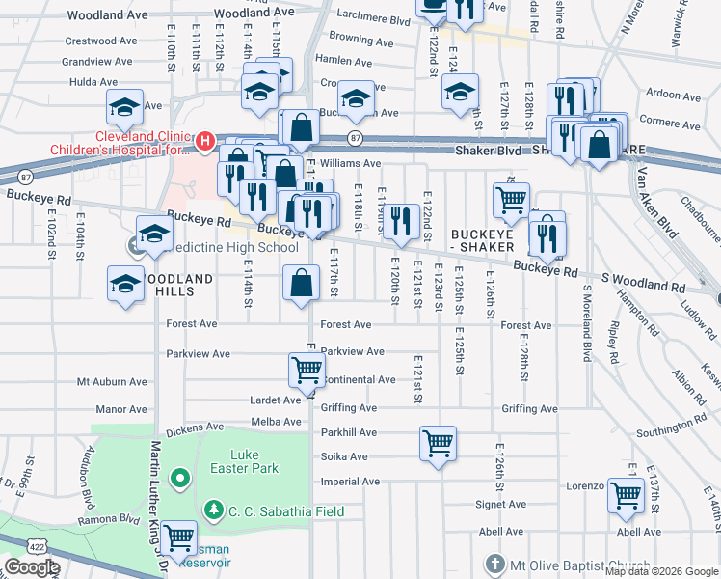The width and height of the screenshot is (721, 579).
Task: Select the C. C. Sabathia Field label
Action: (285, 510)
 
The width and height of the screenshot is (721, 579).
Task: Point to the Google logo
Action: (32, 567)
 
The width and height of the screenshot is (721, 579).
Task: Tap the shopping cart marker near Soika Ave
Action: (438, 444)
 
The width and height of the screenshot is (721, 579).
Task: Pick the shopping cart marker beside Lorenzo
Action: (627, 494)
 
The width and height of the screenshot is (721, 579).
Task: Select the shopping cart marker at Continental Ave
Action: (307, 369)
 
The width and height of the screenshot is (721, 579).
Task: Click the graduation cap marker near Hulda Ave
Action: (125, 107)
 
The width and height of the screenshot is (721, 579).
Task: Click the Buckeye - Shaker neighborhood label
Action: (488, 240)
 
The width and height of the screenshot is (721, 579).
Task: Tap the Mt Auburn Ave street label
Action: (112, 382)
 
